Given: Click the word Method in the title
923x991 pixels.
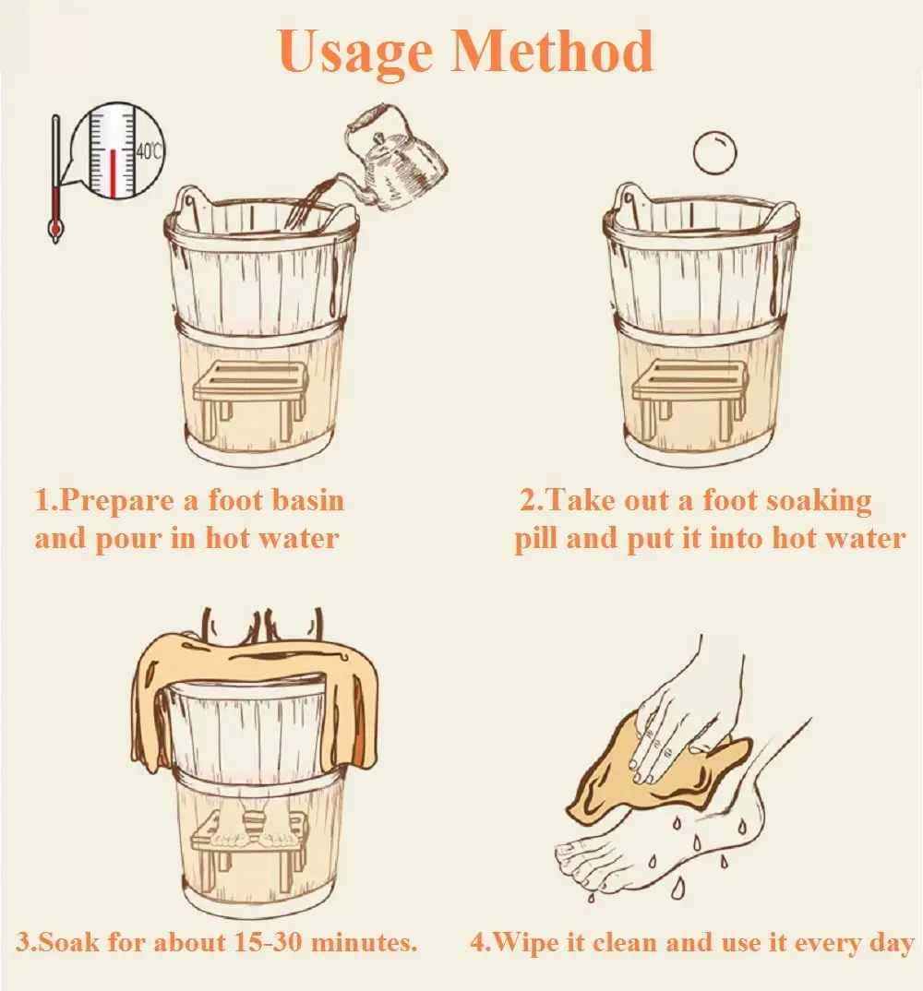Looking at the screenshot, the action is point(551,51).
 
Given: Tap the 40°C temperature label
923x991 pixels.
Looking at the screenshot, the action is point(149,151).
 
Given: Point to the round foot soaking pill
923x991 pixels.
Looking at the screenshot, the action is point(715,152).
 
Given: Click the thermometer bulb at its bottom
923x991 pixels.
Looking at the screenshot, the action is point(55,229).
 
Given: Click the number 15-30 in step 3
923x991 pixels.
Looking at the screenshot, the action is point(268,942).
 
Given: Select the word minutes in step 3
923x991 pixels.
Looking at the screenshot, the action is point(365,942).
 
